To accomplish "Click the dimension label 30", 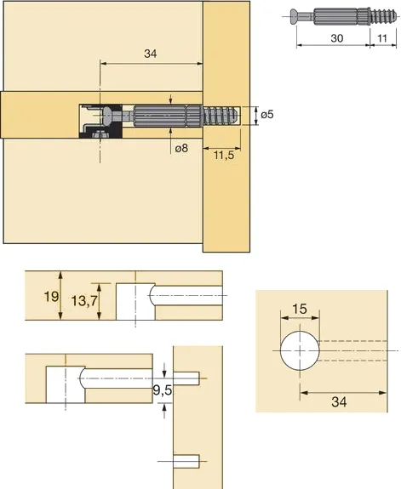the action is click(x=336, y=38).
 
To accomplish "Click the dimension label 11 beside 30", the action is click(x=382, y=38).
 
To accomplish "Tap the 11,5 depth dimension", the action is click(x=224, y=155).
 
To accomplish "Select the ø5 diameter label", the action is click(x=267, y=115).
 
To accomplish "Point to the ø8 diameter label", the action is click(x=181, y=148).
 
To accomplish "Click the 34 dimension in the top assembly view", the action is click(x=150, y=54).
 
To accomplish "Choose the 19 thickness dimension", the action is click(x=51, y=296).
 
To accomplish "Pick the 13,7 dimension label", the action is click(x=84, y=301).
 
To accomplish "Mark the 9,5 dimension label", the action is click(x=163, y=389).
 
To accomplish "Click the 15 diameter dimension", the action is click(x=300, y=309).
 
